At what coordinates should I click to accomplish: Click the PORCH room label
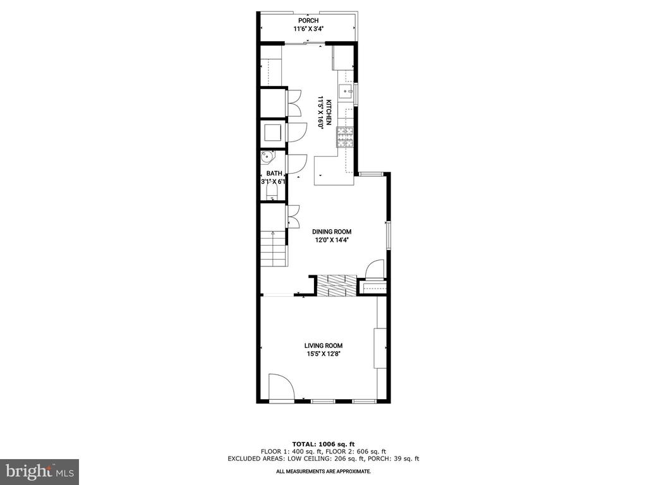[x=308, y=21]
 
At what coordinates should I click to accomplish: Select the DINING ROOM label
[x=332, y=232]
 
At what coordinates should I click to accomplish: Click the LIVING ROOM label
[x=323, y=346]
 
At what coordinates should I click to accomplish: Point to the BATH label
[x=274, y=174]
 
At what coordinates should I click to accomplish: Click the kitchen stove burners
[x=346, y=137]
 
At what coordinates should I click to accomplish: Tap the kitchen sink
[x=346, y=92]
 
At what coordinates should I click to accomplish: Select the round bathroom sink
[x=267, y=157]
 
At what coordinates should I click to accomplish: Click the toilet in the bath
[x=272, y=193]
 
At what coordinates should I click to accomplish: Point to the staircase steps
[x=273, y=249]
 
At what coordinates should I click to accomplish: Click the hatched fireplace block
[x=336, y=285]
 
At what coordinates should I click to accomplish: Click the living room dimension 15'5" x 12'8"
[x=323, y=354]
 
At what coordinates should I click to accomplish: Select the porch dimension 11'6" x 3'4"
[x=308, y=29]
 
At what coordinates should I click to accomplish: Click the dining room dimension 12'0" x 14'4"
[x=332, y=240]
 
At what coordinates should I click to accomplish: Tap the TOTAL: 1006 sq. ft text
[x=323, y=444]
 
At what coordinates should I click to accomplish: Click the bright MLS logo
[x=40, y=472]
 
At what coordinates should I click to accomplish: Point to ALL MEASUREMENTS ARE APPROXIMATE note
[x=323, y=471]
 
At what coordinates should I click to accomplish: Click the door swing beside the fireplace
[x=374, y=268]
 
